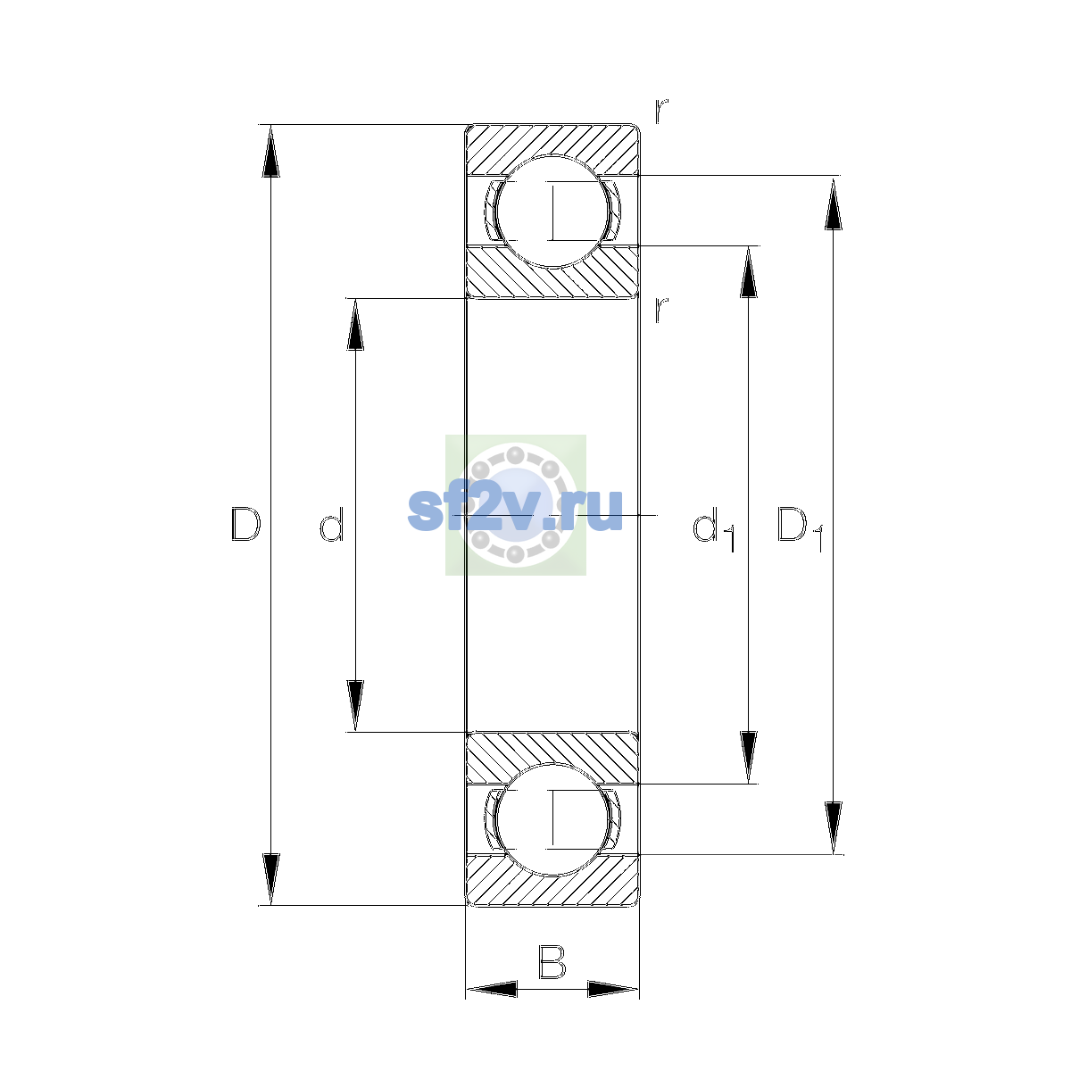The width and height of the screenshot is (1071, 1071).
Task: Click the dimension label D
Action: pos(245,524)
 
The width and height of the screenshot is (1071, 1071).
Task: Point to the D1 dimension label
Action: pos(800,529)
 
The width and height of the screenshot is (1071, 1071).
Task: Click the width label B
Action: pos(552,961)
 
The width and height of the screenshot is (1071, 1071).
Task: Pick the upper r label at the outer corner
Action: pos(661,111)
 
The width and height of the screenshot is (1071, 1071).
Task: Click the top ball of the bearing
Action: pos(552,212)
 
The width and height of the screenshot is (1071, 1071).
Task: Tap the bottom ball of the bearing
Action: pos(552,819)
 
